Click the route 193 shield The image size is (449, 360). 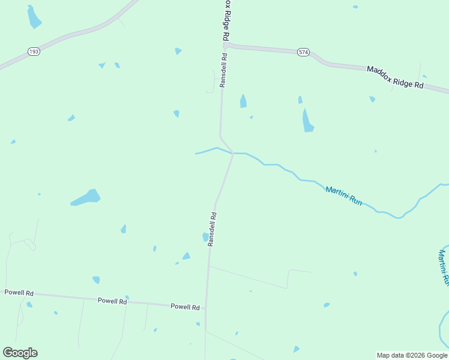[x=34, y=52]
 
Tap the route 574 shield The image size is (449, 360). [x=303, y=53]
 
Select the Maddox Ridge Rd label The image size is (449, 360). [x=395, y=77]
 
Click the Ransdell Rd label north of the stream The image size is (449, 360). [x=223, y=71]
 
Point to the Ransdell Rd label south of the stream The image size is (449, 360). [x=212, y=229]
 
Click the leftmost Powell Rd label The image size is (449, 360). [x=19, y=292]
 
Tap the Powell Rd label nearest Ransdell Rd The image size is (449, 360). [x=185, y=307]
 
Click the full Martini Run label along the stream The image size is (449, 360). [x=343, y=197]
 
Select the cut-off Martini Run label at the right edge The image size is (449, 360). [x=444, y=267]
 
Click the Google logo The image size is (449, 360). [x=20, y=353]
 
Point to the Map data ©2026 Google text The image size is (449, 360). [x=412, y=355]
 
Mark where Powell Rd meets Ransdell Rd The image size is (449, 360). [x=206, y=309]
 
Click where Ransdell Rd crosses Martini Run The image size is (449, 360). [x=232, y=153]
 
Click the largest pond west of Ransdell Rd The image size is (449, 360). [x=86, y=197]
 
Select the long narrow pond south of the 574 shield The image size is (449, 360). [x=307, y=121]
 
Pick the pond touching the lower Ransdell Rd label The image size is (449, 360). [x=205, y=237]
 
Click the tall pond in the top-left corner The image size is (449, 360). [x=34, y=17]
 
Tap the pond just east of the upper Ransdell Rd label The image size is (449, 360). [x=243, y=101]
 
